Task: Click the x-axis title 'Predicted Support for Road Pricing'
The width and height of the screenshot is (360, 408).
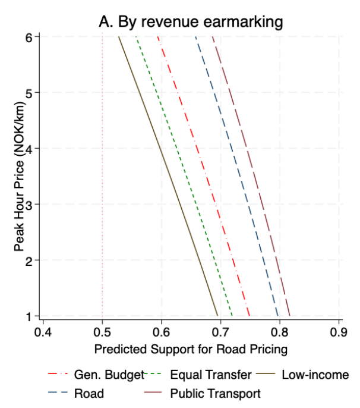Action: [191, 349]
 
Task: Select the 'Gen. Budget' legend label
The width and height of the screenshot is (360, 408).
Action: [109, 375]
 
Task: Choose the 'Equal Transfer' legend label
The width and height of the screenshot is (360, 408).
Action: [211, 375]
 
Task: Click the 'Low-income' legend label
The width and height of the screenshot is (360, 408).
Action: [315, 375]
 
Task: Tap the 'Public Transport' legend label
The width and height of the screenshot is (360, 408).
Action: [215, 393]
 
